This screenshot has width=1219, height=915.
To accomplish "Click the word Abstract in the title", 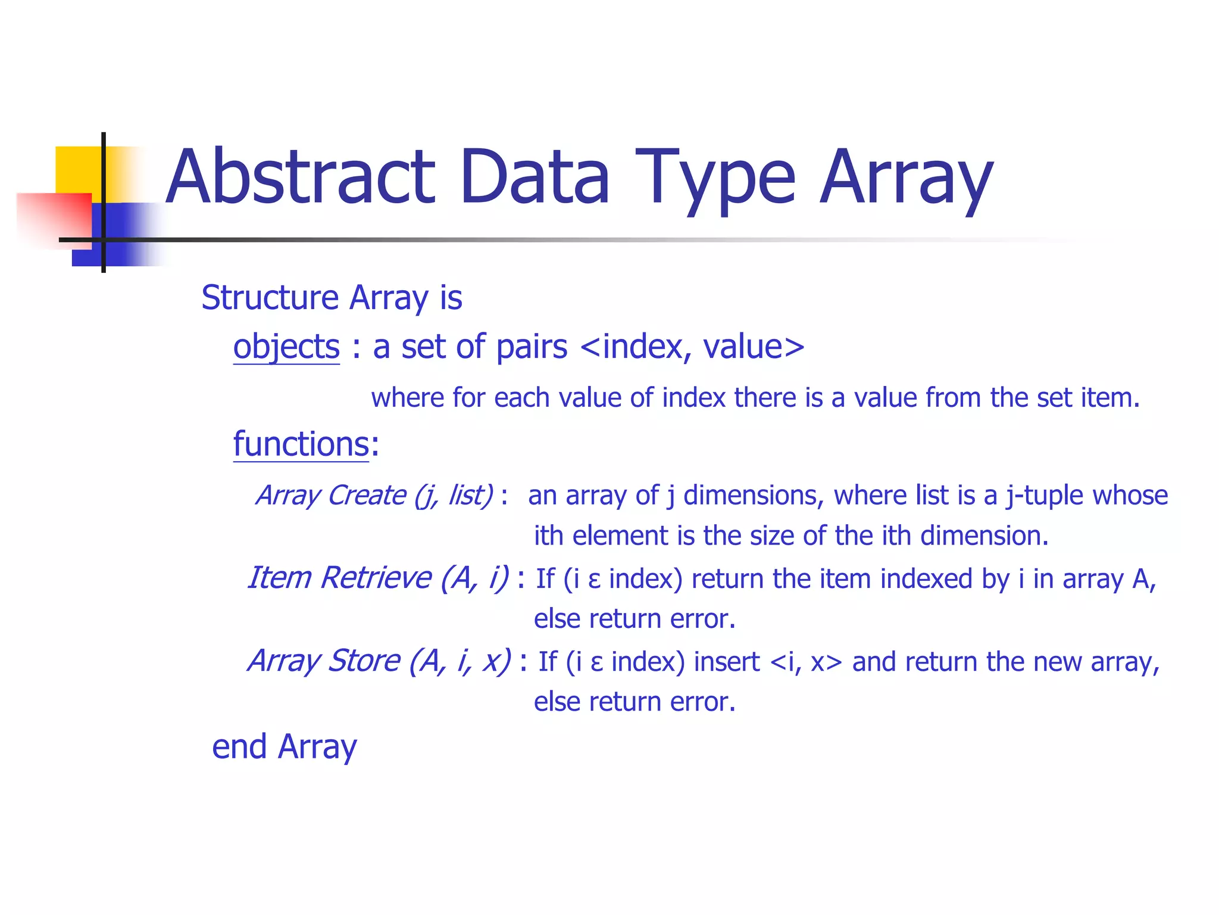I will [301, 178].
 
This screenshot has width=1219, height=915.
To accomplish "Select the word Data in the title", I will [535, 178].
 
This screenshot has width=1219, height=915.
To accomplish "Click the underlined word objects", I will [286, 347].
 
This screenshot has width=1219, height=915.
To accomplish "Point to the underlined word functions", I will [301, 444].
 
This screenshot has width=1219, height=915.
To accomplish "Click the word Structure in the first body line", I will [270, 298].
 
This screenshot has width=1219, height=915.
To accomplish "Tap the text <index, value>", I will [692, 347].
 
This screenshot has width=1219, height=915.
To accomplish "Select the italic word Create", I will [367, 496].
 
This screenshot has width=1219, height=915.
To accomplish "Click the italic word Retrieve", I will [376, 578].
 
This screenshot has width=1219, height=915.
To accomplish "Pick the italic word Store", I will [364, 661].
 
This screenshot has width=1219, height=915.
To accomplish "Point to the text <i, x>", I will [806, 662].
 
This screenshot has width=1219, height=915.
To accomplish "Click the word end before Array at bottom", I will [239, 747].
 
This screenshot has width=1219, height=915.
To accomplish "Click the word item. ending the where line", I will [1110, 398].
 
